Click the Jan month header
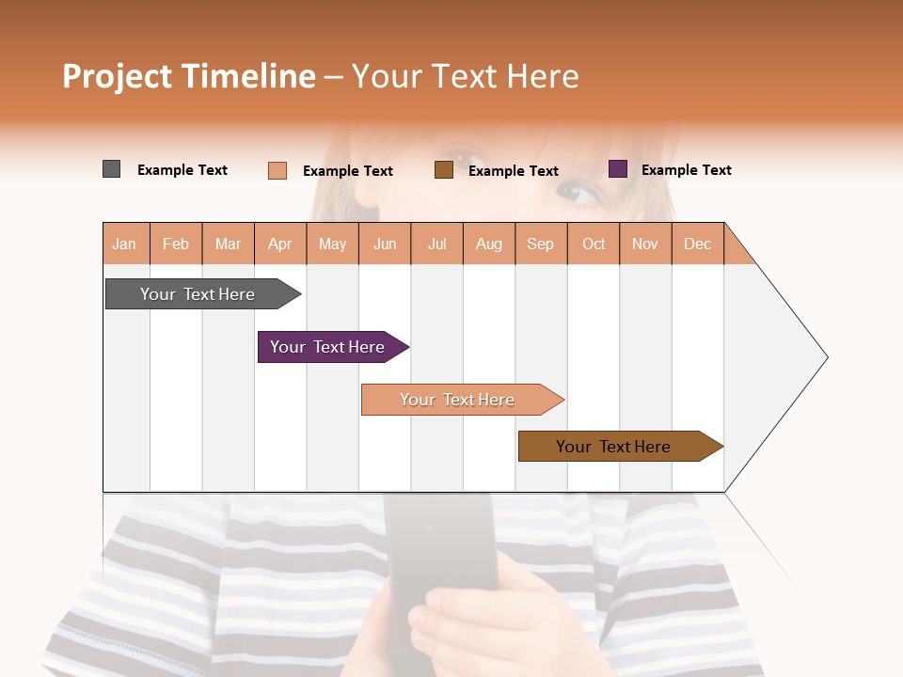click(125, 244)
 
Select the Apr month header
click(280, 244)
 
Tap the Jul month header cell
click(436, 244)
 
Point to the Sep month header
click(540, 244)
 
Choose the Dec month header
click(697, 244)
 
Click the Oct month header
click(594, 244)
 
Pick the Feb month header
click(176, 244)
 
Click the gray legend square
click(112, 169)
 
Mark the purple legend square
click(618, 169)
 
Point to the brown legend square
click(444, 170)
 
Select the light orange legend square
click(277, 170)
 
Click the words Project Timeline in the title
click(189, 76)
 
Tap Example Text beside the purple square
click(686, 170)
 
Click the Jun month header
click(385, 244)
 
